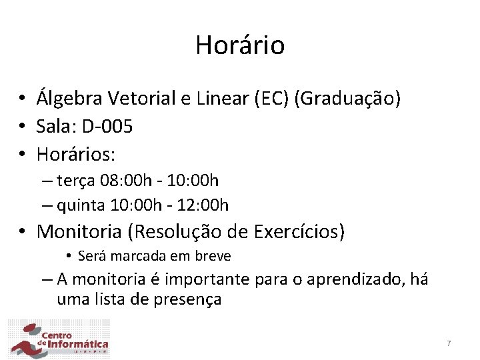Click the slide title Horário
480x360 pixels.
(240, 45)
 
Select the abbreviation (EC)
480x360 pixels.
(272, 99)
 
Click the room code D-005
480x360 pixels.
(106, 127)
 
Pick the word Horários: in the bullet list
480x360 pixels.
(76, 155)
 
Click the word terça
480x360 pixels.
(78, 181)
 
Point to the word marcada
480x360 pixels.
(138, 256)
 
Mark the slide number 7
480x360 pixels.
(449, 343)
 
